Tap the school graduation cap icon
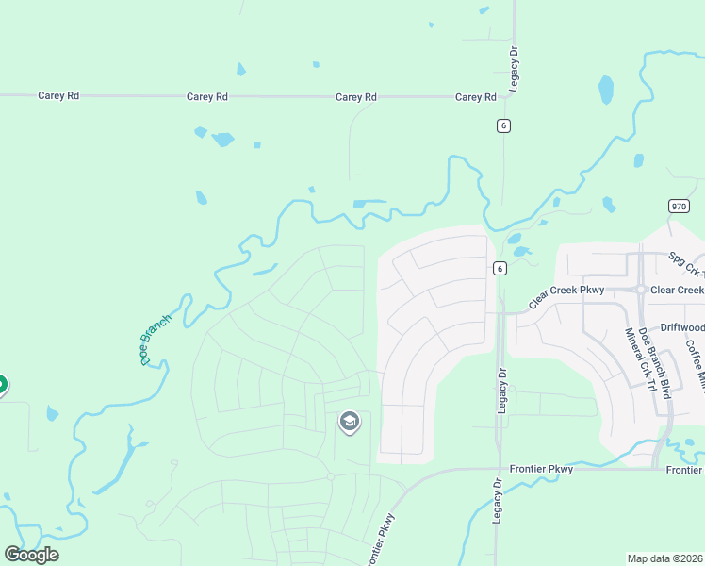point(349,422)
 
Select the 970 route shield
point(679,206)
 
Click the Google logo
point(31,555)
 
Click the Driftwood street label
point(681,327)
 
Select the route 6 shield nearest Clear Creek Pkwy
point(500,268)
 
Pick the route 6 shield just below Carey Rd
point(504,125)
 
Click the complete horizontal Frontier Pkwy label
point(541,469)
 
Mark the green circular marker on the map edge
point(1,385)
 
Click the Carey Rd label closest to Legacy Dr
point(475,97)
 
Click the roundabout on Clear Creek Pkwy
point(640,290)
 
